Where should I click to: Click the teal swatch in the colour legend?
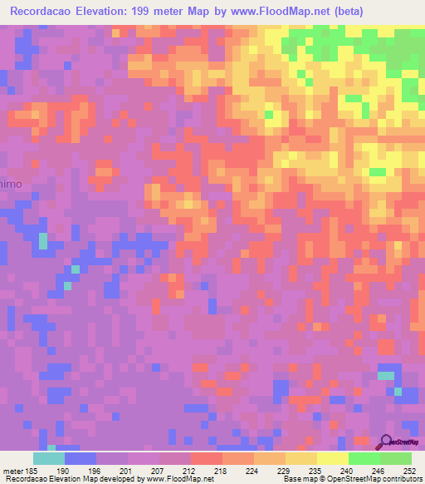pos(49,458)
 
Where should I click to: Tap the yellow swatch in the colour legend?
pos(333,458)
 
